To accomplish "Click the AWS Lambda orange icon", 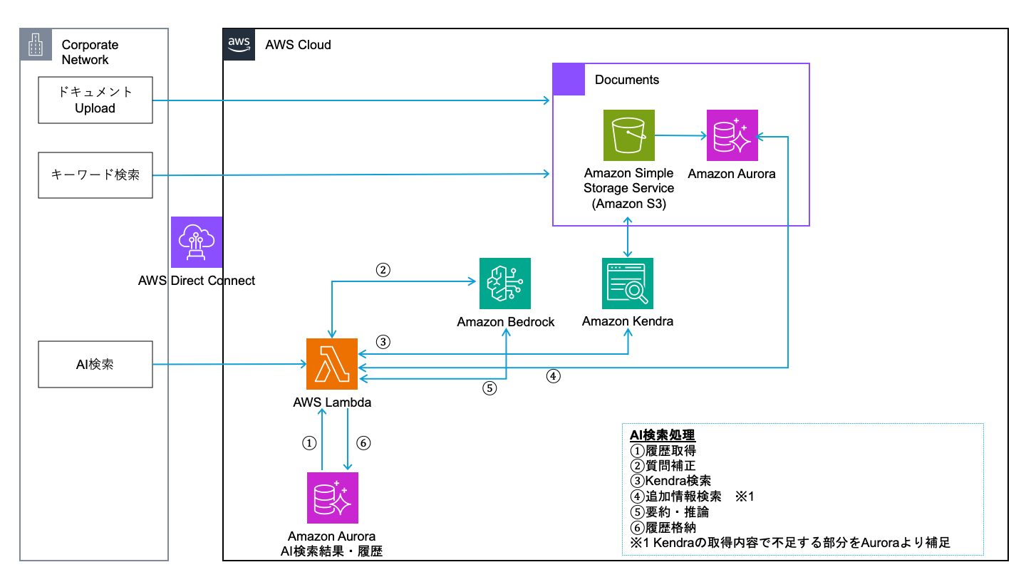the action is pos(331,363).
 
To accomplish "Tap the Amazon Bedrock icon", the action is pos(504,284).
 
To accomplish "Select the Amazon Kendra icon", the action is pos(628,284).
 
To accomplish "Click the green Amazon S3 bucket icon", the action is pos(629,135).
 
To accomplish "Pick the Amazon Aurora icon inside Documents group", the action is pos(732,135).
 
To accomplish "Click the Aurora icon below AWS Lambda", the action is pos(333,498).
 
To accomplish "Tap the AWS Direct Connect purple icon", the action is pos(197,242).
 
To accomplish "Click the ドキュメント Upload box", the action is pos(95,100).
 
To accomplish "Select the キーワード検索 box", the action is pos(95,175).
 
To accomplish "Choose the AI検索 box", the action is pos(95,364).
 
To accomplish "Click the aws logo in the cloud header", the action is pos(239,44).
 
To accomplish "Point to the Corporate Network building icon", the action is pos(36,44).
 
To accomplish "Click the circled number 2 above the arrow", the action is pos(383,270).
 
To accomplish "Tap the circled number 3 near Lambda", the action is pos(383,342).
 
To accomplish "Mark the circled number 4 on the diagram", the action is pos(554,376).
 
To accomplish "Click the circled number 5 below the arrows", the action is pos(489,388).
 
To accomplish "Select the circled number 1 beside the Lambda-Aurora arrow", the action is pos(309,443).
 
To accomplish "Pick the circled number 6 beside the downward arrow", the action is pos(363,443).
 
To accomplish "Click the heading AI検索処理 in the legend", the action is pos(663,435).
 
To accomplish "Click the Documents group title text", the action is pos(626,80).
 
